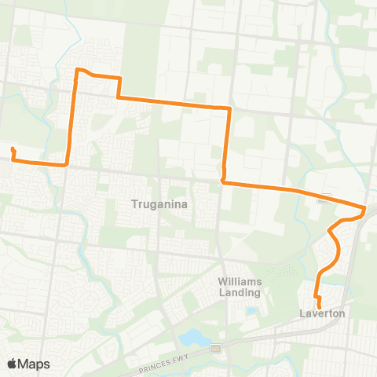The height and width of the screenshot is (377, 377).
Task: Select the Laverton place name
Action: tap(322, 313)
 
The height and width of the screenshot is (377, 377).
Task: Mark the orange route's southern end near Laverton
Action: tap(319, 305)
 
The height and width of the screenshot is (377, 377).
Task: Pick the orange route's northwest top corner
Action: tap(78, 71)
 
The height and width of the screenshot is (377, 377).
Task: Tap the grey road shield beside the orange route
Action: tap(322, 199)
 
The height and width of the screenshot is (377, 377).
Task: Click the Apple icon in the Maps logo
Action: tap(12, 363)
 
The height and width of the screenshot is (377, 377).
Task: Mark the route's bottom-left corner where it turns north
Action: tap(68, 165)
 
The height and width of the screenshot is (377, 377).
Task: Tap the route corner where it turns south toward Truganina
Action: tap(229, 107)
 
